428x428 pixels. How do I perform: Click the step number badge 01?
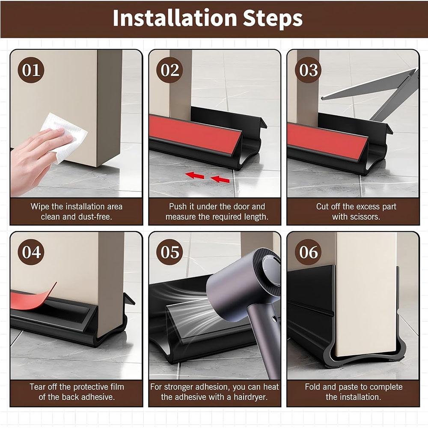(x=31, y=70)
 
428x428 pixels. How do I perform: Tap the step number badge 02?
(x=169, y=70)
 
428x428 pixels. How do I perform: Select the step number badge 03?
(x=308, y=70)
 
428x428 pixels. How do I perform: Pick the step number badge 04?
(x=31, y=252)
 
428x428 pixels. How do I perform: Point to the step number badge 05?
(x=169, y=252)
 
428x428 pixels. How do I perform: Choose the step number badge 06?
(x=308, y=252)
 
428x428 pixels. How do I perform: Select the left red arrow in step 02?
(x=194, y=175)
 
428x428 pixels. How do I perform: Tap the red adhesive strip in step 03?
(x=325, y=139)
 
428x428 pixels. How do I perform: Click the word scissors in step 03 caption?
(x=362, y=217)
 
